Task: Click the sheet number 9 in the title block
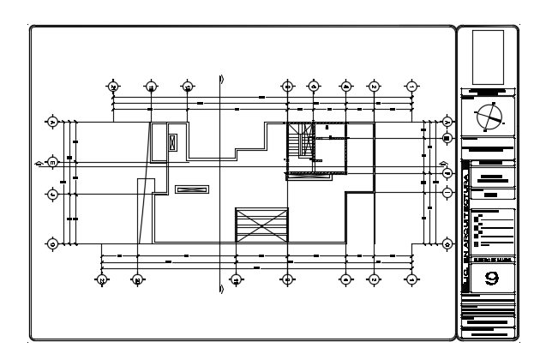pyautogui.click(x=491, y=277)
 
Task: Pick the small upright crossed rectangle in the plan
pyautogui.click(x=172, y=142)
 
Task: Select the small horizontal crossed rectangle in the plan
pyautogui.click(x=191, y=189)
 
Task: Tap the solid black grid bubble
pyautogui.click(x=447, y=138)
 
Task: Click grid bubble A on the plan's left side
pyautogui.click(x=53, y=123)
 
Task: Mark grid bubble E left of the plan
pyautogui.click(x=53, y=161)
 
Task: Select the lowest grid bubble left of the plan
pyautogui.click(x=53, y=245)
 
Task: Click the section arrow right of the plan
pyautogui.click(x=442, y=163)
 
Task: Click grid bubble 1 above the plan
pyautogui.click(x=412, y=87)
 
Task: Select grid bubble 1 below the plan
pyautogui.click(x=412, y=279)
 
